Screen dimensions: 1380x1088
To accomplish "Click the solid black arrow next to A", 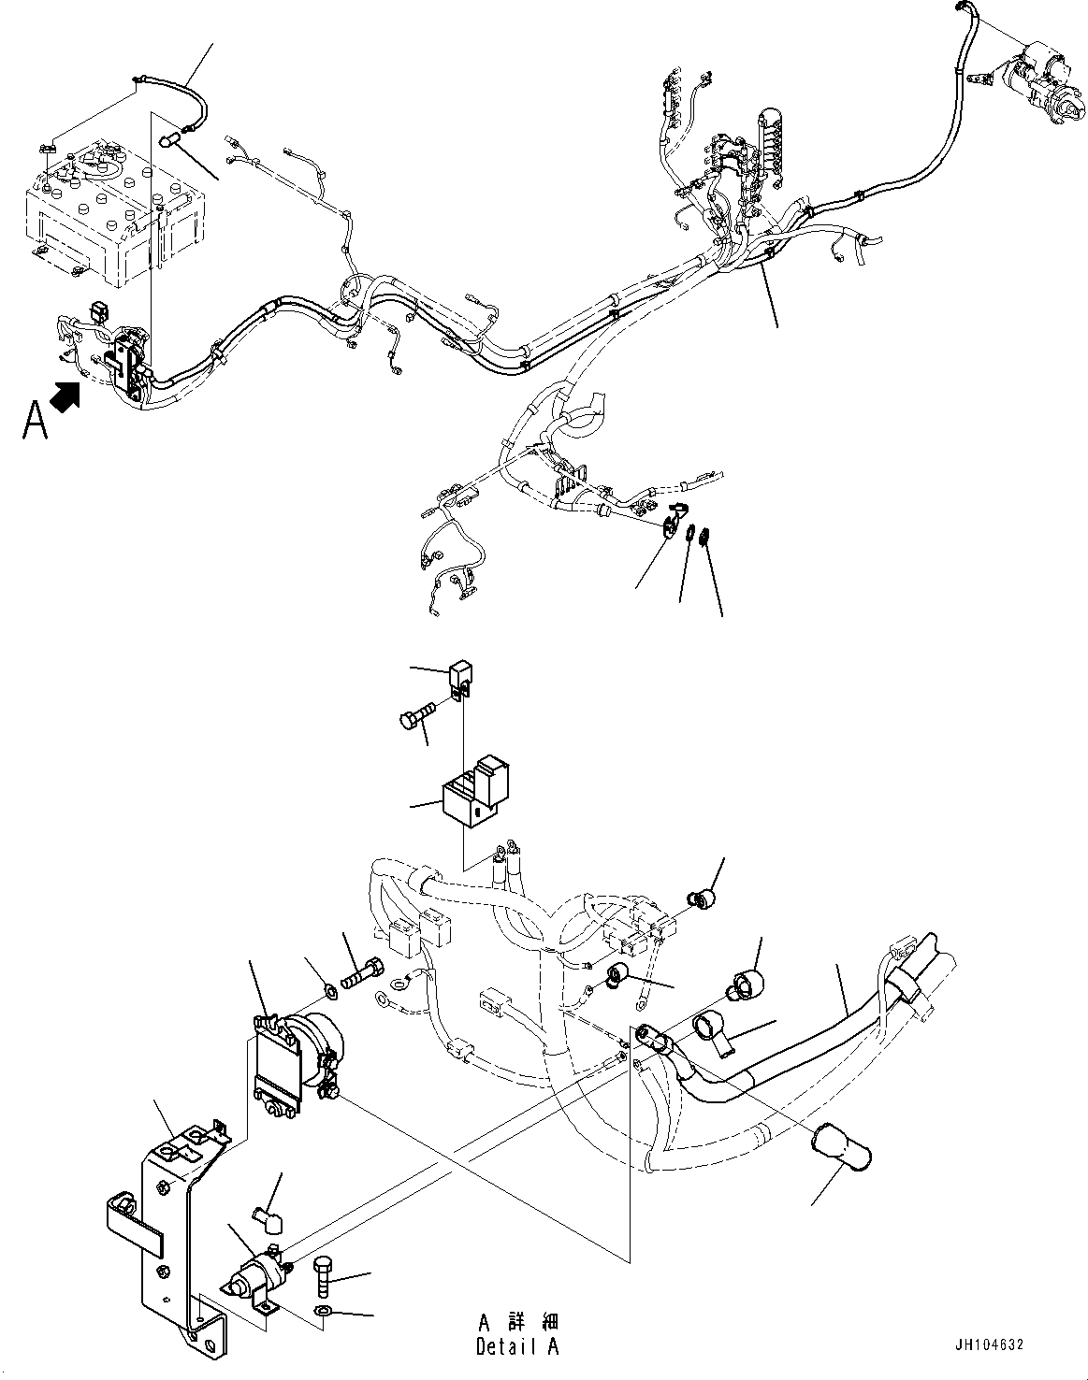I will point(64,395).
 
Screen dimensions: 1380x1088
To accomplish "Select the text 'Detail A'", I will point(517,1347).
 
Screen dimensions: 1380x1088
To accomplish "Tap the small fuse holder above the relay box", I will point(459,677).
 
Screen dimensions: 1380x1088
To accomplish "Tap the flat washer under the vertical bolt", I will point(322,1312).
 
